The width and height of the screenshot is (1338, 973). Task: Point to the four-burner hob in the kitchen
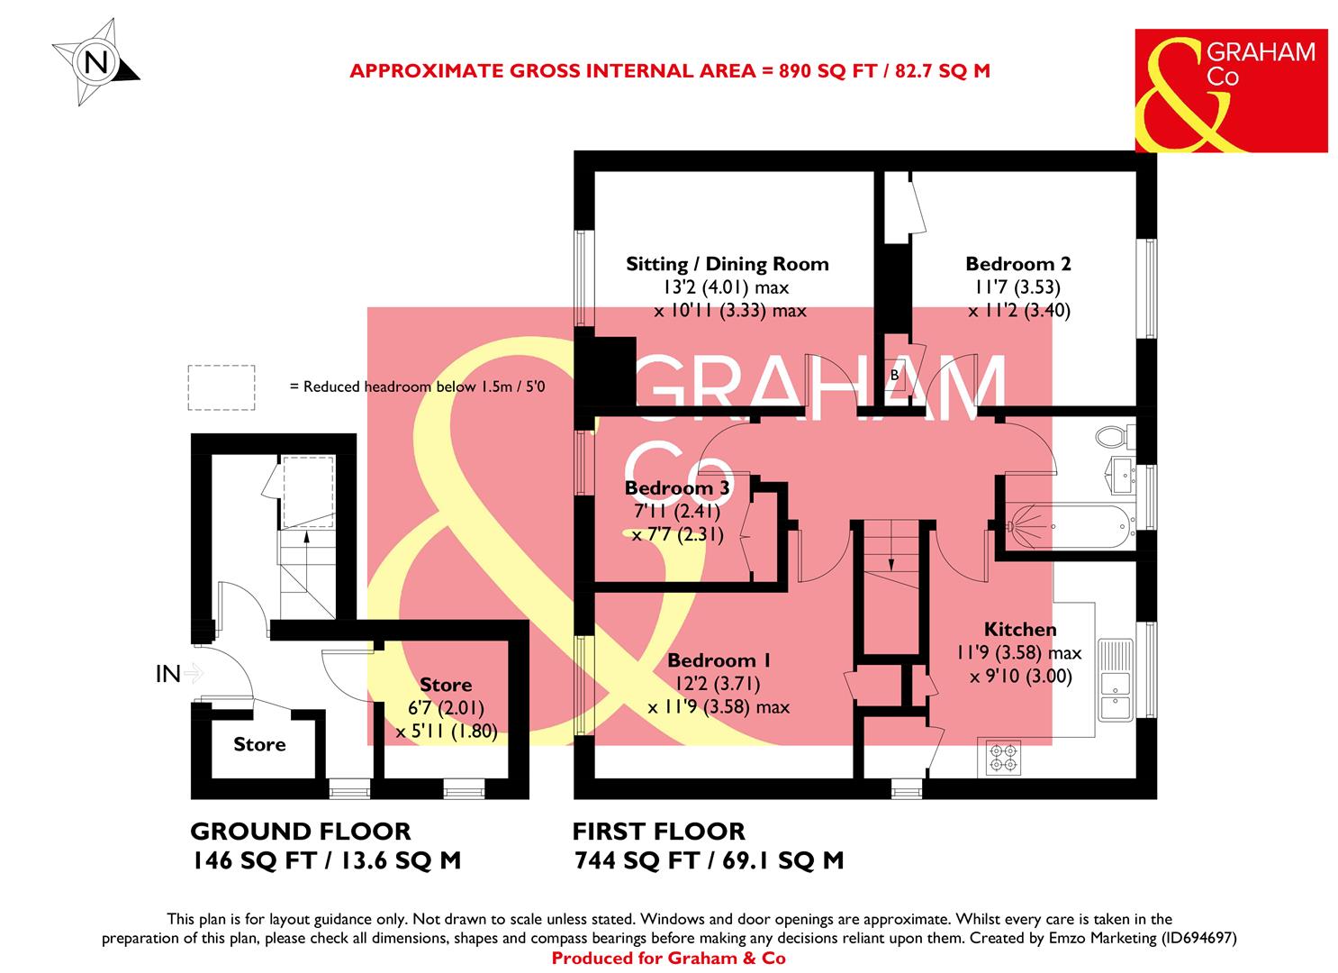point(1002,758)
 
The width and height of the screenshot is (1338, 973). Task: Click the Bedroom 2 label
point(1017,264)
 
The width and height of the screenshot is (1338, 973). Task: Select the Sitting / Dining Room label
point(727,264)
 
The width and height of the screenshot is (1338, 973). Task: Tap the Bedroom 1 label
point(719,659)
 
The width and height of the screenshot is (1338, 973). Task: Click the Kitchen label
point(1019,629)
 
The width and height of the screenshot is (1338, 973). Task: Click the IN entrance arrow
point(179,673)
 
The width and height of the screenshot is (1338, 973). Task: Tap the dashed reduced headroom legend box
point(221,387)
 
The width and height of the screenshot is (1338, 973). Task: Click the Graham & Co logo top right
point(1230,90)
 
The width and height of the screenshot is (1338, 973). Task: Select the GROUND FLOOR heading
point(301,831)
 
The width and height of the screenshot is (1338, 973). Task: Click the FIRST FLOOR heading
point(659,831)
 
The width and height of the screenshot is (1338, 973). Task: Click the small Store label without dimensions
point(259,744)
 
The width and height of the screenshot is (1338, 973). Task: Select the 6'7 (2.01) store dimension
point(447,709)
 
